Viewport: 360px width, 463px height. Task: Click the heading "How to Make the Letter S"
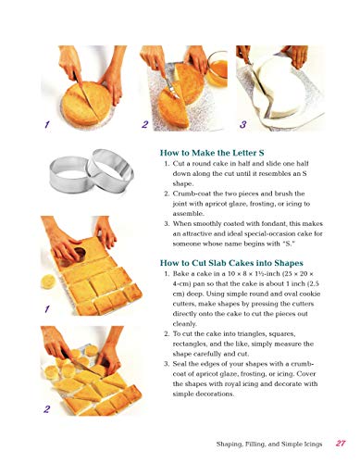click(x=212, y=153)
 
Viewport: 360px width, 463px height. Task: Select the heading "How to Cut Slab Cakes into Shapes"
click(x=231, y=263)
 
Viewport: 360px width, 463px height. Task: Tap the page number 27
click(x=341, y=444)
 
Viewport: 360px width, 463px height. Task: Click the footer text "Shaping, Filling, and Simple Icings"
click(x=269, y=444)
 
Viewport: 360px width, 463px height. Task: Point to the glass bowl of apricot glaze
click(x=217, y=69)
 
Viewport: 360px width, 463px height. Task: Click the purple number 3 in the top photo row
click(x=243, y=124)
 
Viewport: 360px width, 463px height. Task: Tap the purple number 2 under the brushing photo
click(x=144, y=124)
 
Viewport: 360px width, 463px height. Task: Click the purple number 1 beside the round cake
click(x=47, y=125)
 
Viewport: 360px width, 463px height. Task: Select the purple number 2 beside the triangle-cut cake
click(x=46, y=409)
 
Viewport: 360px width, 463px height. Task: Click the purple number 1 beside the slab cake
click(x=47, y=308)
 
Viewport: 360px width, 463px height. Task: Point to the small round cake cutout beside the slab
click(x=48, y=282)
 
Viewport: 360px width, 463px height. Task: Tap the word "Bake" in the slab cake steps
click(x=180, y=273)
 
